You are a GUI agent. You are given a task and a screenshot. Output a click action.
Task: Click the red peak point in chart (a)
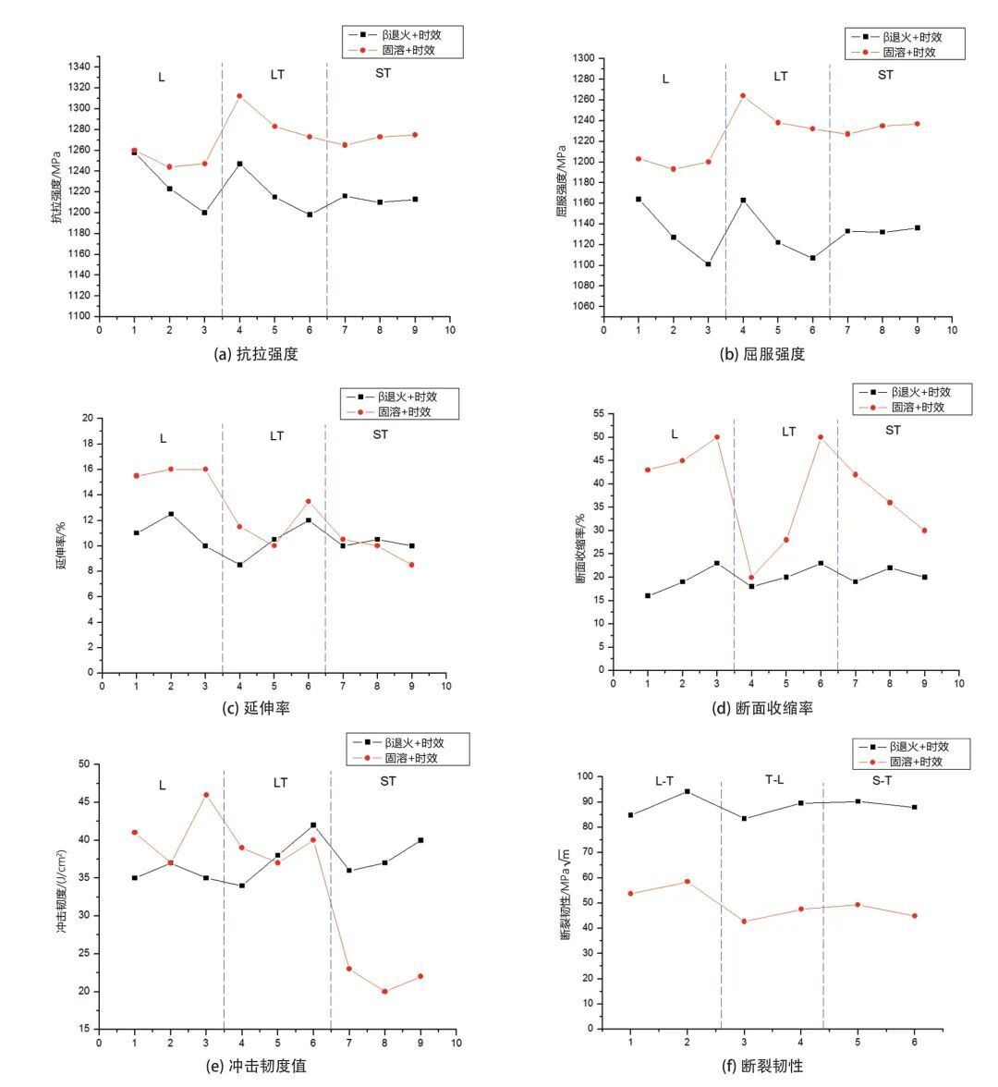240,96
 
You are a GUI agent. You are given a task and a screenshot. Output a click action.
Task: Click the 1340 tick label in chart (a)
79,67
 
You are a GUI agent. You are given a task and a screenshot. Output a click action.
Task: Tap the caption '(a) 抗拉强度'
257,354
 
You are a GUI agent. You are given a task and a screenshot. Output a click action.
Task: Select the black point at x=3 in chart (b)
708,264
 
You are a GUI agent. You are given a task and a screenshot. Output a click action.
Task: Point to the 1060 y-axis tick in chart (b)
584,307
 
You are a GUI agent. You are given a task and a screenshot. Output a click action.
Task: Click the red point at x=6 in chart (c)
309,501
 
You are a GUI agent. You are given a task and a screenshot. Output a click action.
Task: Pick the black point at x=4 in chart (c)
240,565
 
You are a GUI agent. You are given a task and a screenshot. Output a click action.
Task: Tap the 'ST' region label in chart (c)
381,434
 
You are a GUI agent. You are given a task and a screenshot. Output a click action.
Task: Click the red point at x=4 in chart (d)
751,577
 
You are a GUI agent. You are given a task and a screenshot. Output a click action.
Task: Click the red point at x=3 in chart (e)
206,795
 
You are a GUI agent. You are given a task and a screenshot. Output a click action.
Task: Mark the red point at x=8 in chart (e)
384,991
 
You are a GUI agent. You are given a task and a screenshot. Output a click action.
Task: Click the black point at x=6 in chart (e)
313,824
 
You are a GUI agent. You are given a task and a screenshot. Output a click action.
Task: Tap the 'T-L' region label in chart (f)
774,780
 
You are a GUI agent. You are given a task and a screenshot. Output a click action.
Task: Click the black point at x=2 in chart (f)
687,791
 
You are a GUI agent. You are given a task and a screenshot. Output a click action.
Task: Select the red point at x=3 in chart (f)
745,922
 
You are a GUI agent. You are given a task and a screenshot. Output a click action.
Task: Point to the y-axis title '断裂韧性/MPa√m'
565,895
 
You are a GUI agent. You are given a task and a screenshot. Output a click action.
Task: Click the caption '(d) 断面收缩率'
762,708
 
